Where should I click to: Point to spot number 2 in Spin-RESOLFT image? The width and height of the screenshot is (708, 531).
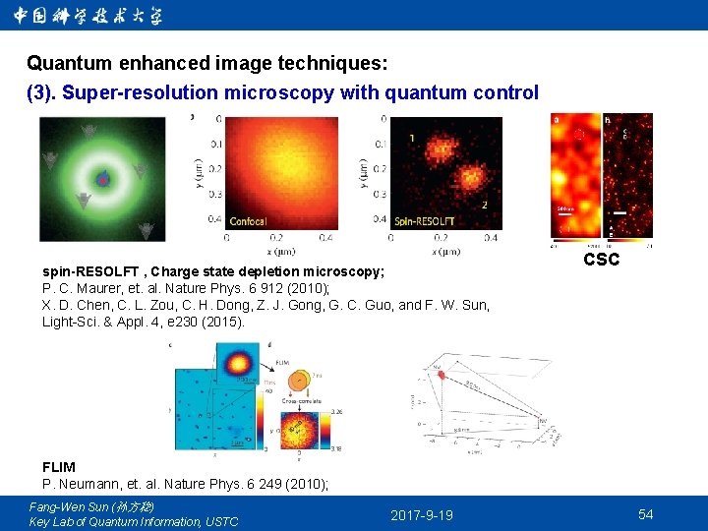coord(484,205)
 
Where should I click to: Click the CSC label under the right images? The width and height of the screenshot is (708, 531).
coord(601,261)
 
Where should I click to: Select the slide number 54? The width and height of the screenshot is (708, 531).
coord(645,514)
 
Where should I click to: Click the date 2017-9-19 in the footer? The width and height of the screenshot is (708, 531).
coord(421,515)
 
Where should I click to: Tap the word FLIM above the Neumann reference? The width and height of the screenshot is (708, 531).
coord(58,467)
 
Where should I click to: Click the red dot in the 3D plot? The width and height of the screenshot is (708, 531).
coord(442,375)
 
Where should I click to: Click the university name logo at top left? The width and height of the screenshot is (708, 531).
coord(88,16)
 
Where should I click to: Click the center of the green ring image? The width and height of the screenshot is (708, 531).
coord(102,179)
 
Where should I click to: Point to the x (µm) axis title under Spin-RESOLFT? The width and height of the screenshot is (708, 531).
coord(443,251)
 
